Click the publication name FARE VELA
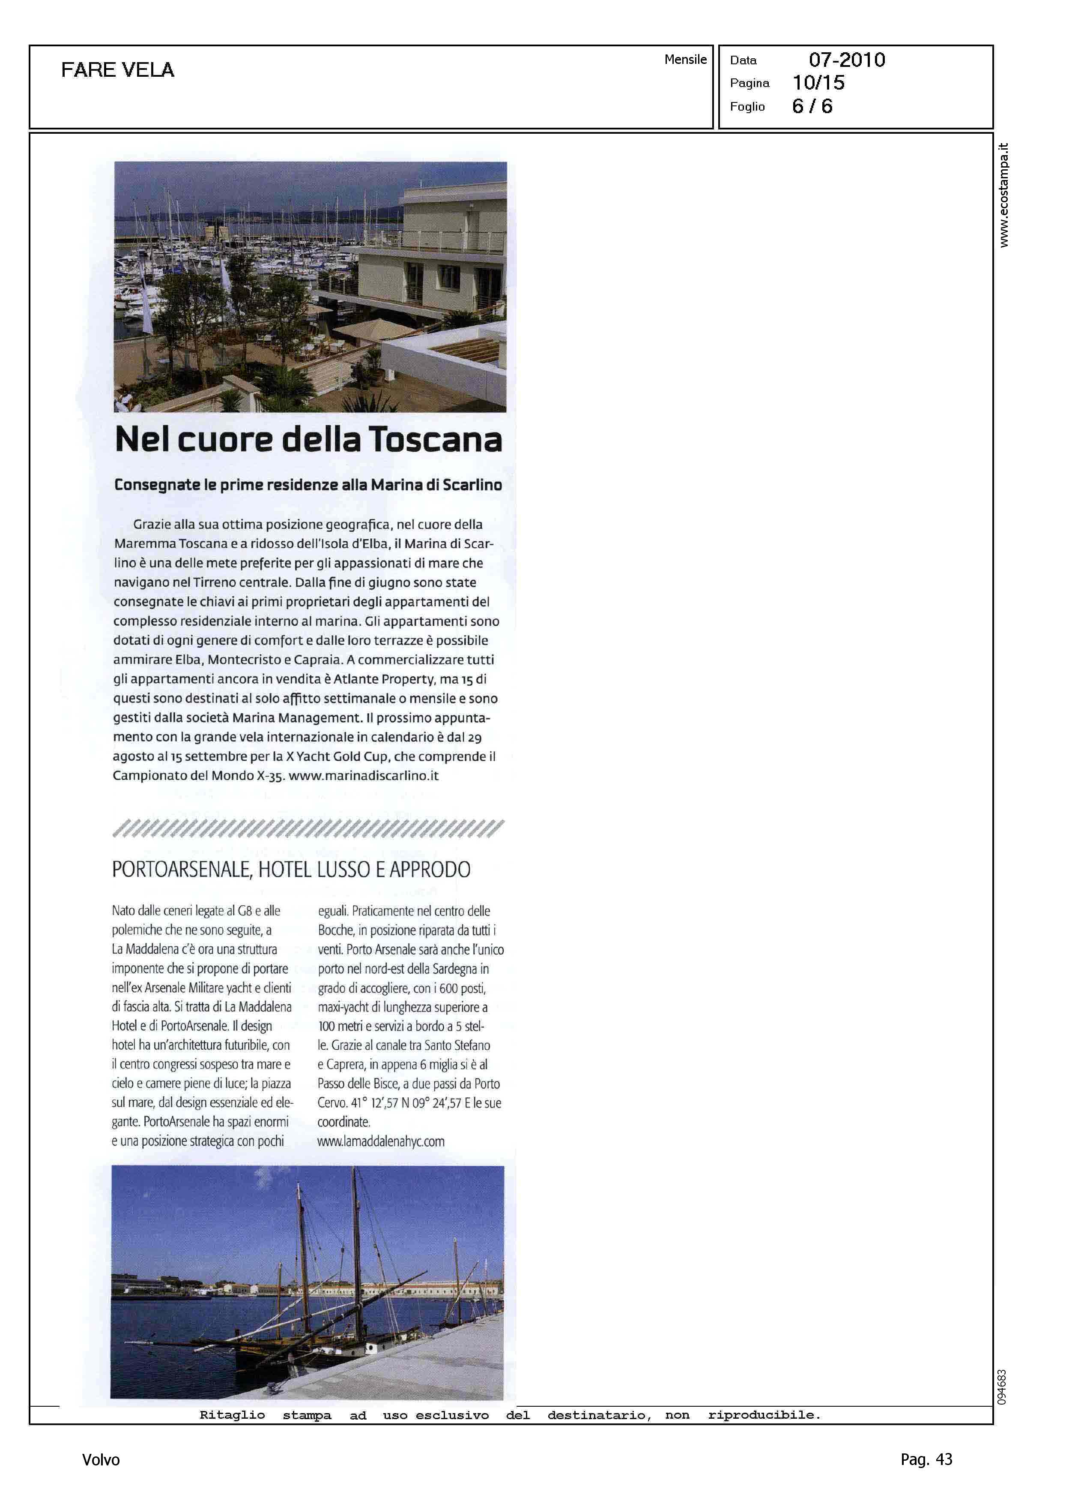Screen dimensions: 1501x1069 point(117,70)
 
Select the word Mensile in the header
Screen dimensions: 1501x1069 point(685,59)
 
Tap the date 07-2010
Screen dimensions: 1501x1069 point(847,60)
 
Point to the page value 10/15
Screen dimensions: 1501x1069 point(818,83)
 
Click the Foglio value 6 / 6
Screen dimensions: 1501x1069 point(812,107)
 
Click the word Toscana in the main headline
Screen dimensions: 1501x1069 point(435,439)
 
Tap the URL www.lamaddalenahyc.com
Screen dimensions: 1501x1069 point(380,1141)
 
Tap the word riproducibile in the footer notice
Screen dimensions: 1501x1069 point(764,1415)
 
